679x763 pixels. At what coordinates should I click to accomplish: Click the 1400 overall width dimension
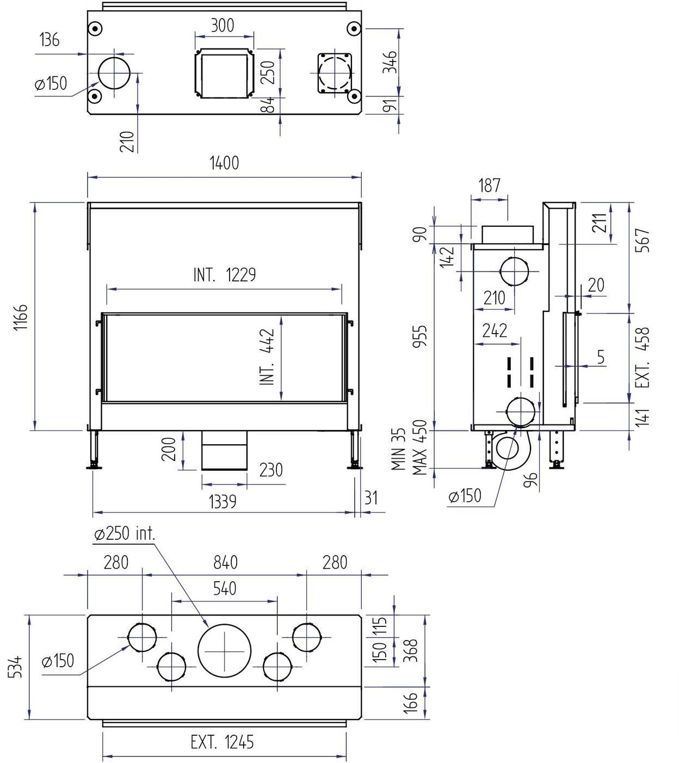(x=224, y=163)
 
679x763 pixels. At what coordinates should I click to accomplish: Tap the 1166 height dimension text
(x=21, y=317)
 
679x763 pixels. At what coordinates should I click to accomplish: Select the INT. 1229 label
(x=225, y=274)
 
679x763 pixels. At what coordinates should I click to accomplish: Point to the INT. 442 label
(x=267, y=356)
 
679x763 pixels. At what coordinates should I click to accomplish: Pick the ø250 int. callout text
(x=125, y=534)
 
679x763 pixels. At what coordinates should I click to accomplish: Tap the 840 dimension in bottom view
(x=225, y=562)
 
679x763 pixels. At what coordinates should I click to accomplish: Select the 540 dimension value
(x=225, y=588)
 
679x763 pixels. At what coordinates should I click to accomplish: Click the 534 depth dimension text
(x=16, y=667)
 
